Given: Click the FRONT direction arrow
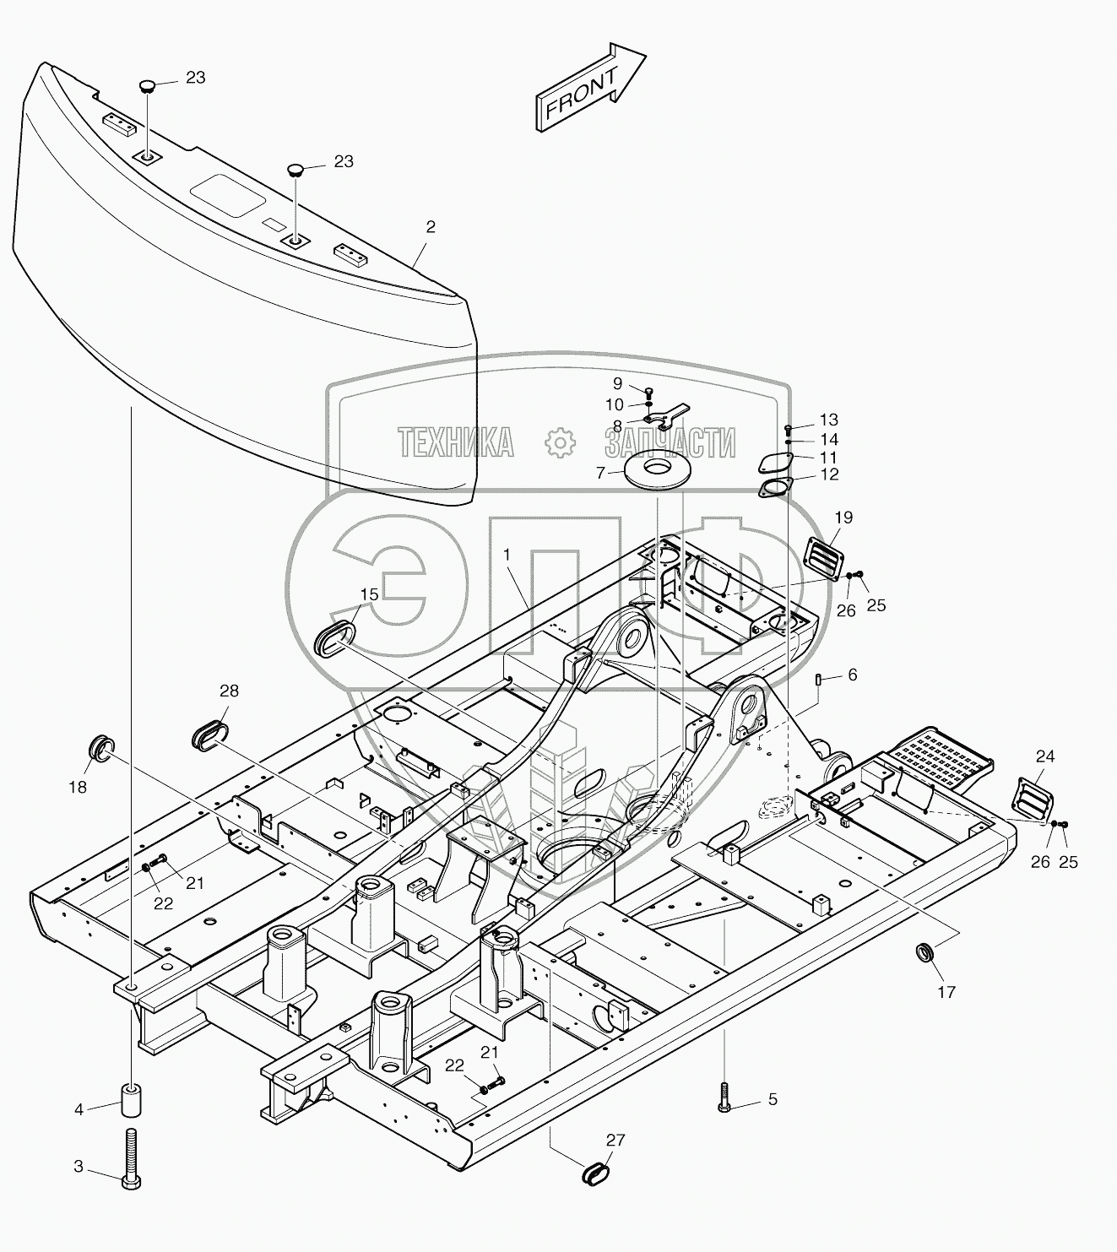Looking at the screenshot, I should tap(590, 88).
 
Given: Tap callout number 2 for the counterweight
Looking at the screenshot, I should tap(431, 226).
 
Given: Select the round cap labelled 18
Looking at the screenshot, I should tap(101, 747).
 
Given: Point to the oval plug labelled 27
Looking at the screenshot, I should tap(597, 1173).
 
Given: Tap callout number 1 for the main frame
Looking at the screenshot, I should tap(507, 556).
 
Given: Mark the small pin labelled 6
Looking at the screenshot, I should tap(818, 680).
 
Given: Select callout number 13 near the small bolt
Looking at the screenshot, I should tap(828, 420).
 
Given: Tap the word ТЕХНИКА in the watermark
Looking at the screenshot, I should tap(456, 442).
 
